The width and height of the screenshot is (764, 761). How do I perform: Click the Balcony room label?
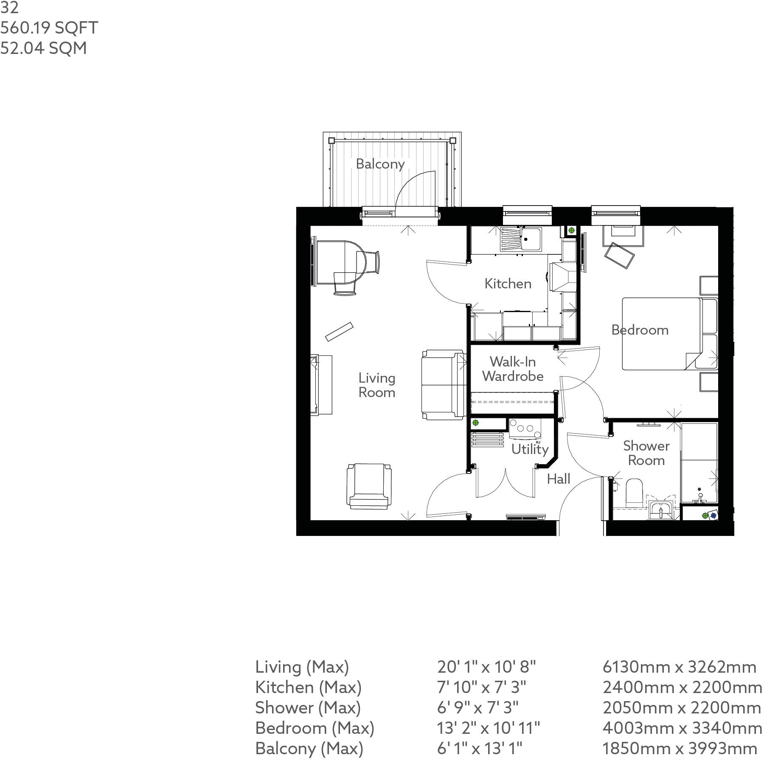380,164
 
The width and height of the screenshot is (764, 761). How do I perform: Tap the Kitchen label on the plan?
508,284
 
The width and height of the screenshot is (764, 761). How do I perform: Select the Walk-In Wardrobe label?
513,369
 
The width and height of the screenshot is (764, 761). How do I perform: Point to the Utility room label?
530,449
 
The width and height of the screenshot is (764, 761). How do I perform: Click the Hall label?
558,479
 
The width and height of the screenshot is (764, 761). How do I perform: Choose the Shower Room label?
646,453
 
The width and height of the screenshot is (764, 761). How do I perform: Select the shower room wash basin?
660,509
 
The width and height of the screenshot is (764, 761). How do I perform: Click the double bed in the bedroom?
662,333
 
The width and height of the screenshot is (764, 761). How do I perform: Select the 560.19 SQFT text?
49,28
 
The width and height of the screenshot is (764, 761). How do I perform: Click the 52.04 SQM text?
44,48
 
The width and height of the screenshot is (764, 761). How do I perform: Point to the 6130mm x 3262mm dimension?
679,667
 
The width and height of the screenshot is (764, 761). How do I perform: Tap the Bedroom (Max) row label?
315,728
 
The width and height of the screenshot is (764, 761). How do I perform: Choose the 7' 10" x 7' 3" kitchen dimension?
481,688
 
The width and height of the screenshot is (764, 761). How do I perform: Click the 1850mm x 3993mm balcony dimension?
680,749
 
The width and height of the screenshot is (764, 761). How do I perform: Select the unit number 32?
9,8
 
